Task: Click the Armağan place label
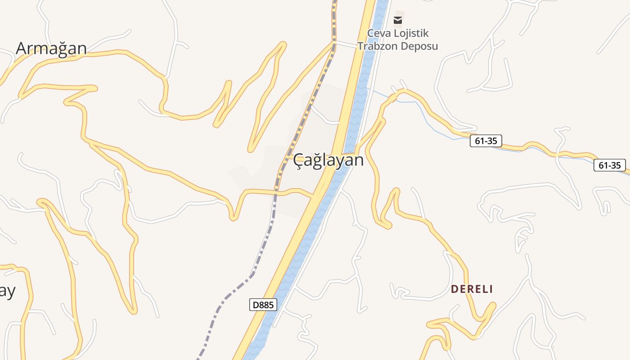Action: tap(51, 48)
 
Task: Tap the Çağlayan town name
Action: tap(328, 160)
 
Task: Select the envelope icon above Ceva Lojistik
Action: tap(398, 20)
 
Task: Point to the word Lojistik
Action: tap(412, 33)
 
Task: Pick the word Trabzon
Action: tap(375, 46)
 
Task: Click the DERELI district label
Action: tap(472, 289)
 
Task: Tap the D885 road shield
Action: tap(263, 305)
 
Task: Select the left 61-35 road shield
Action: tap(486, 141)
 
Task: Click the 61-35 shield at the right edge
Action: tap(610, 165)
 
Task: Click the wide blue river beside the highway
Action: tap(306, 234)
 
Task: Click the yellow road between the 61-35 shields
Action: tap(540, 146)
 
